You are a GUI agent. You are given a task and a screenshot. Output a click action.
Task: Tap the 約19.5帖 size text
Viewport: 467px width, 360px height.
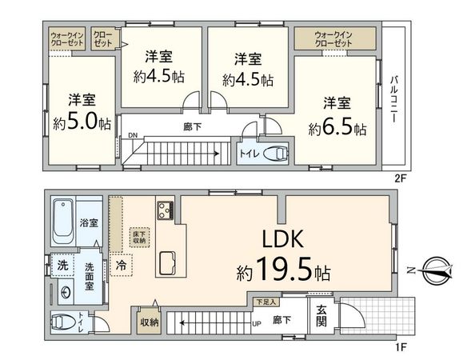284,272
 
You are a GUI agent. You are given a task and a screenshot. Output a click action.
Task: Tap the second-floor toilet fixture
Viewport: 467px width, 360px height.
273,154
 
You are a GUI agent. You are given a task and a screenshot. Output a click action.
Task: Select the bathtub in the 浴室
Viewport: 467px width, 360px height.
62,222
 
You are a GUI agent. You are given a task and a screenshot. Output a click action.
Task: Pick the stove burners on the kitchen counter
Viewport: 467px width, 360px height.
166,211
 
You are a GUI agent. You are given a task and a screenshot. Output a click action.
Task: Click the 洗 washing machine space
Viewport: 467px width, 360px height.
62,265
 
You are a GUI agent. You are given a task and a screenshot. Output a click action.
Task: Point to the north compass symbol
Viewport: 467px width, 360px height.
435,270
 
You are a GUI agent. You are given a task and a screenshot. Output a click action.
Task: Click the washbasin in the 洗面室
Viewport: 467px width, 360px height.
63,292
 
